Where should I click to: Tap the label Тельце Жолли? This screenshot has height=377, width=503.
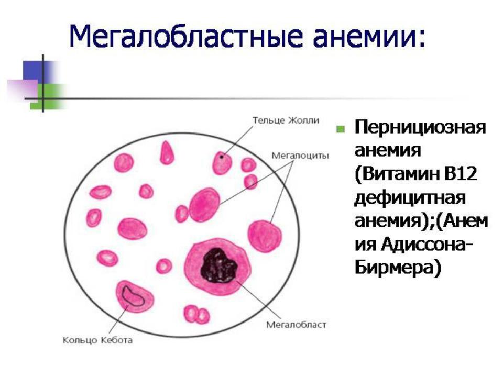click(x=286, y=120)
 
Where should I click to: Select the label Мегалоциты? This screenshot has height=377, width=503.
click(x=300, y=156)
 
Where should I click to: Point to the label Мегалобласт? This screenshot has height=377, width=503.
click(x=296, y=325)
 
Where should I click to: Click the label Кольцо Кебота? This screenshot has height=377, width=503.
click(x=97, y=340)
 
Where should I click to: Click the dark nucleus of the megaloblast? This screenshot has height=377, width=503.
click(x=219, y=266)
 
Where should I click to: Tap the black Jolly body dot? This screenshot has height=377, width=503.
click(x=221, y=157)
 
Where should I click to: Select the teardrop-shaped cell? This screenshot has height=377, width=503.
click(x=167, y=153)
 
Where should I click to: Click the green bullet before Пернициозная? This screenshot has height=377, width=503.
click(x=341, y=129)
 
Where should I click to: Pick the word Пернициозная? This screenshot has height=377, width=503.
click(x=420, y=128)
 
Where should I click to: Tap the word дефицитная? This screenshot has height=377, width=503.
click(x=410, y=198)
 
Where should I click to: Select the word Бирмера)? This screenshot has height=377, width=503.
click(x=398, y=268)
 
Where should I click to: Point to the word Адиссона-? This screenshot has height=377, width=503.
click(x=427, y=245)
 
